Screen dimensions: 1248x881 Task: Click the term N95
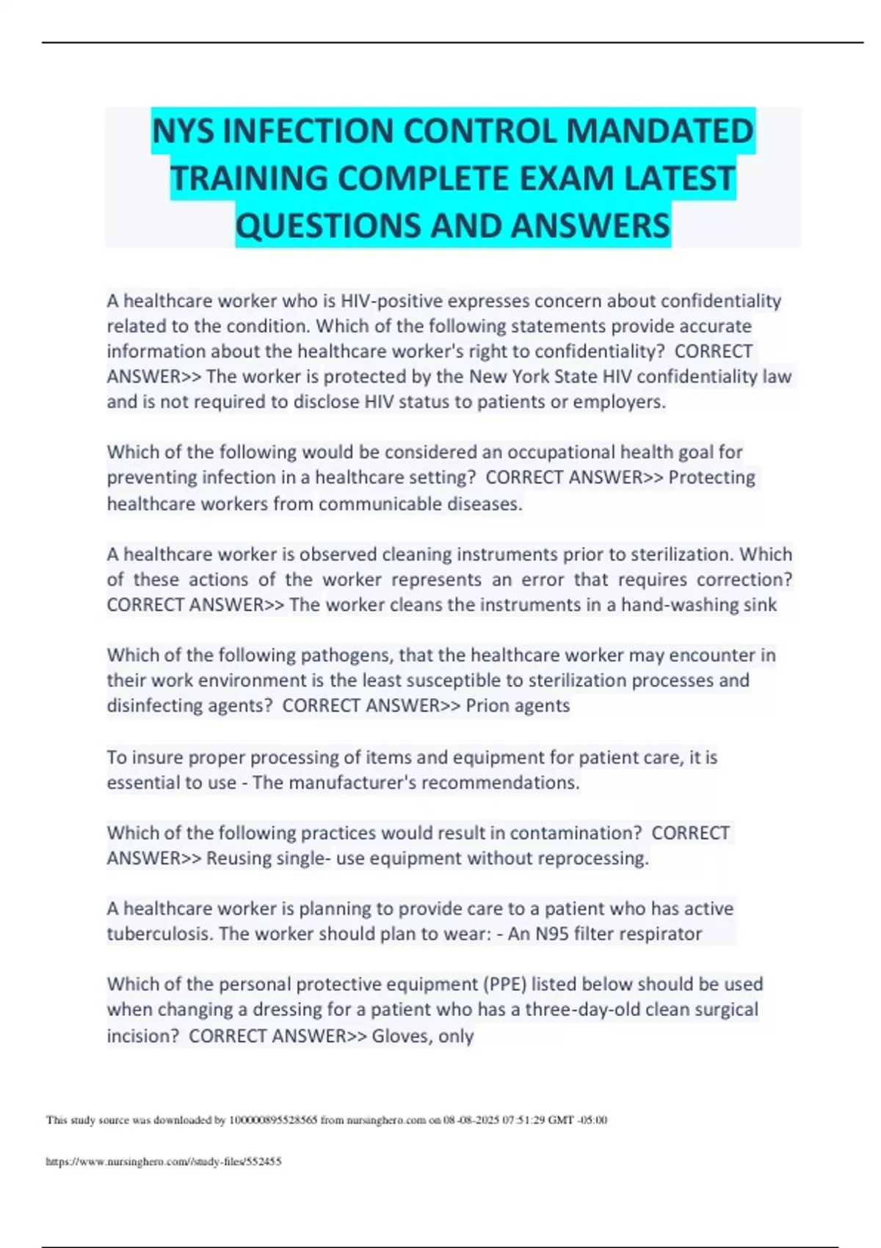click(549, 934)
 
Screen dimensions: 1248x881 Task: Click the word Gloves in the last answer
click(401, 1036)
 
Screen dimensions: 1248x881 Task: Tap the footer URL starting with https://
click(164, 1161)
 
